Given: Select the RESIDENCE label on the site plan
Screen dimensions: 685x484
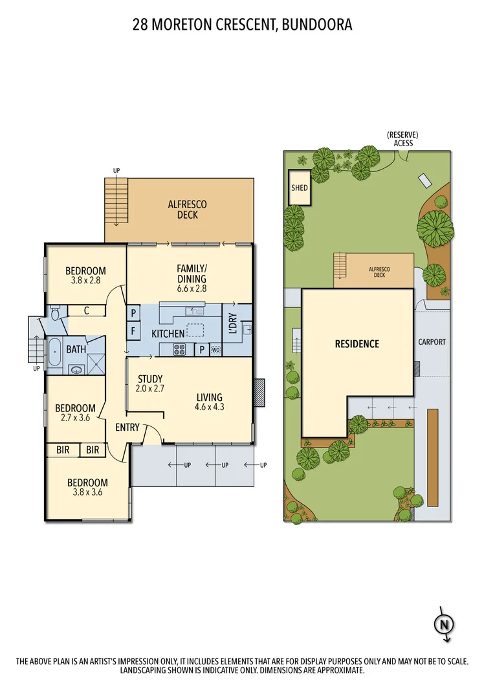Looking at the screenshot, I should (357, 344).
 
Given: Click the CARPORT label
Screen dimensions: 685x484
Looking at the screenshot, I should (432, 342).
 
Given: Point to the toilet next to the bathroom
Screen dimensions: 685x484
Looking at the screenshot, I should (56, 314).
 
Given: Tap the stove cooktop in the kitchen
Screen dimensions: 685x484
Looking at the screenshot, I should (179, 350).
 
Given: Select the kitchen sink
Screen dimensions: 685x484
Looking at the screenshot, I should (193, 312).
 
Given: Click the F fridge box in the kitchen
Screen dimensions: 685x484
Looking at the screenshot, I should (133, 332).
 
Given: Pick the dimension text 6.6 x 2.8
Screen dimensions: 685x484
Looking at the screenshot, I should (192, 288).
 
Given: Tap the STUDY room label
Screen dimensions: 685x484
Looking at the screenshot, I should (150, 379).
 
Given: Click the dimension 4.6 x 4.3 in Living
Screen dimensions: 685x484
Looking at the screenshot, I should (208, 408).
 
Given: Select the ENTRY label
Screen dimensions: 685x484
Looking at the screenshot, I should (127, 428).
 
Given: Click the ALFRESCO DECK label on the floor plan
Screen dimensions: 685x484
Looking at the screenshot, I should (187, 210).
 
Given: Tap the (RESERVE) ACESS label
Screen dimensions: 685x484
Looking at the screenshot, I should (402, 139).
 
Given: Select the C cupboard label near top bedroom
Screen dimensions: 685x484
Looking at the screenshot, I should (86, 310).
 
